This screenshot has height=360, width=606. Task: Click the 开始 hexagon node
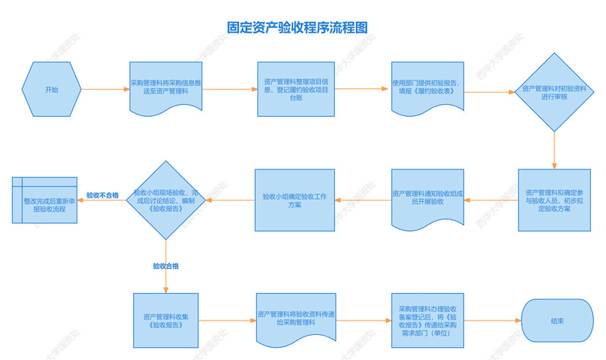point(51,90)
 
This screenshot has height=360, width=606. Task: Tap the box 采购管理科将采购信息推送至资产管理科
point(166,87)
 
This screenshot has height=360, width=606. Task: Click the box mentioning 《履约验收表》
point(427,88)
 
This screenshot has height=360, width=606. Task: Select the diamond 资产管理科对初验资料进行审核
point(554,92)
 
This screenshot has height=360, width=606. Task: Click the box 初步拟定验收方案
point(554,200)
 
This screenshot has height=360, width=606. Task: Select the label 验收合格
point(166,266)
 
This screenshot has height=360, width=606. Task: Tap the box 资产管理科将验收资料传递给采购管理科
point(295,320)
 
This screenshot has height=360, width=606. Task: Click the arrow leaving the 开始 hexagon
point(103,90)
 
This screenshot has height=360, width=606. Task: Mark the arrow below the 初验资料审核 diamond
point(554,150)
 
